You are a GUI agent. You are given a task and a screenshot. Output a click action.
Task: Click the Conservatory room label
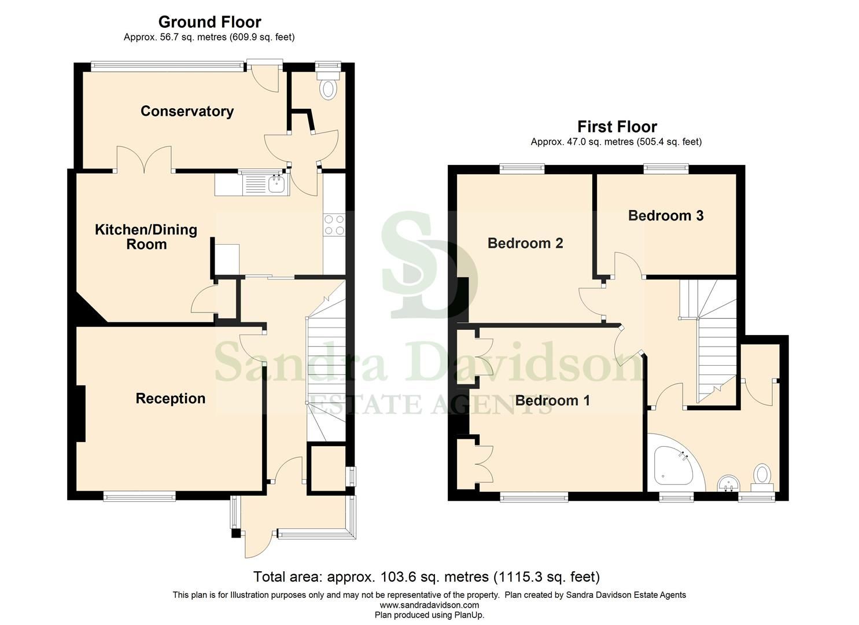187,111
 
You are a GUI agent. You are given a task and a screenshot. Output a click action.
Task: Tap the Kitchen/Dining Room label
146,237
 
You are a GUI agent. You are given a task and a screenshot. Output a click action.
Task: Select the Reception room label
170,398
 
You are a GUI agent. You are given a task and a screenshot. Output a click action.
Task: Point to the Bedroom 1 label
552,400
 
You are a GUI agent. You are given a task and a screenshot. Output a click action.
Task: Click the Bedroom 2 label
525,243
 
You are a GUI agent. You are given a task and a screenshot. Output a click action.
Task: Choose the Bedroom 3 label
665,216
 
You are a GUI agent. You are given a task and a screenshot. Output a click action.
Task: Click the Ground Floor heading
209,22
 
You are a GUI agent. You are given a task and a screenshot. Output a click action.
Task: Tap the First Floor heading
617,127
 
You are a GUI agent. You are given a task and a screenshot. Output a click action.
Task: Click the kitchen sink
276,185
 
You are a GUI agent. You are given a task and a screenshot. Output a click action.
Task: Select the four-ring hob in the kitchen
334,225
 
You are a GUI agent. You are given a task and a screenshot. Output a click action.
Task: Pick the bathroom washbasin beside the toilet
727,483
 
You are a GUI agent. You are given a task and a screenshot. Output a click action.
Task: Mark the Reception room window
139,496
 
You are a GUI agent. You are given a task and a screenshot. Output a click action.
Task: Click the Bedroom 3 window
666,169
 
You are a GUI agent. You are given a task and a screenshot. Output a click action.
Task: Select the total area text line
426,577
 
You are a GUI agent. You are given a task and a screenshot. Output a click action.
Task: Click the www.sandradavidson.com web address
429,605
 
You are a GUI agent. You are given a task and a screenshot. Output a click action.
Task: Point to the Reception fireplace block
81,414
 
